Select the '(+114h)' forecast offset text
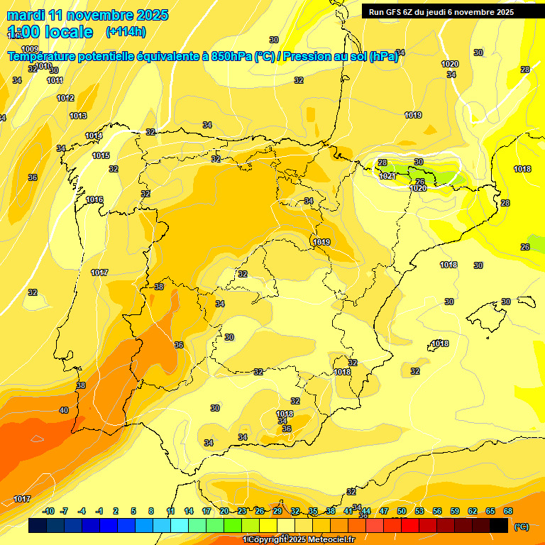[126, 31]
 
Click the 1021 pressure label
[387, 176]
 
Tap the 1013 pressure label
[78, 116]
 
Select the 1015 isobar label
[101, 155]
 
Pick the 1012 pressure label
[65, 98]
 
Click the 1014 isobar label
[94, 136]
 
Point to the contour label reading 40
[64, 410]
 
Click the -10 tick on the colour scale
[48, 511]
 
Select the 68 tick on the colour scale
[508, 511]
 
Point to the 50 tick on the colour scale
[402, 511]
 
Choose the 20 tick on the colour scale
[224, 511]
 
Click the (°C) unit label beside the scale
[522, 527]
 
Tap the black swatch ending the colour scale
[499, 526]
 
